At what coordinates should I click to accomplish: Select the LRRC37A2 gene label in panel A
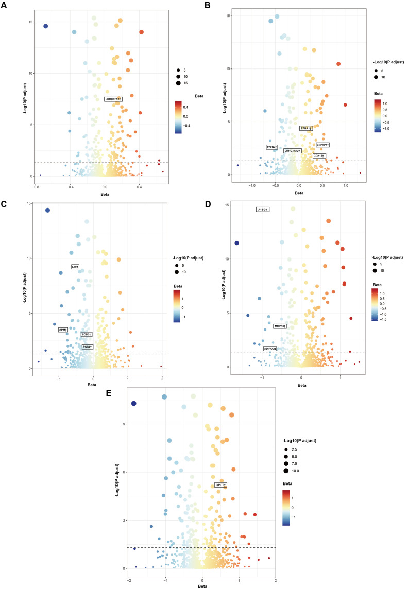113,99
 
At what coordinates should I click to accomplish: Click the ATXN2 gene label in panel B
272,147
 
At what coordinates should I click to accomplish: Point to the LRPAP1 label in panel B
323,145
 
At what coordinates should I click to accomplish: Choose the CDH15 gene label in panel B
319,155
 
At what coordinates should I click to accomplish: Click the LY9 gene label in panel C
75,267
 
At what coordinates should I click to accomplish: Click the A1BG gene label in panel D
264,209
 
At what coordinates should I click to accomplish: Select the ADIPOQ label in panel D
270,349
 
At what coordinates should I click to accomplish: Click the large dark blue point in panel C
47,210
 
